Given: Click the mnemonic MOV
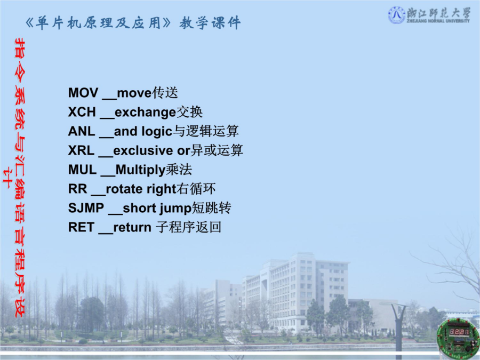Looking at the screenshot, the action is tap(83, 93).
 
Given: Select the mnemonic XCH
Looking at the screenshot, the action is tap(82, 112).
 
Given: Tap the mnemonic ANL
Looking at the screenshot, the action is tap(82, 131).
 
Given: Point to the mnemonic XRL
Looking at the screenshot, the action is tap(81, 150).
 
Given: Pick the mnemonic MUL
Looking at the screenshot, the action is tap(82, 170).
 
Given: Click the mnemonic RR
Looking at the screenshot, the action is tap(77, 189).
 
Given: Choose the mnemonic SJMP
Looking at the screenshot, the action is tap(86, 208).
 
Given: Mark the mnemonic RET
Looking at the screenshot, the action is tap(81, 227).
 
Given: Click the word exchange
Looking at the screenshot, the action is tap(145, 113).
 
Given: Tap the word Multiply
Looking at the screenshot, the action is tap(140, 170).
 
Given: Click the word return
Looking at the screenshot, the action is tap(132, 227).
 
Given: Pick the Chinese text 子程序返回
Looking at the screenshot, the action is tap(188, 227).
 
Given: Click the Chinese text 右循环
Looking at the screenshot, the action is tap(196, 189).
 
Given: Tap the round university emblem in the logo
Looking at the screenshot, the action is tap(397, 15).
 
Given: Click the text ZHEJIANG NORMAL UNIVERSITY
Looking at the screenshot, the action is tap(438, 21).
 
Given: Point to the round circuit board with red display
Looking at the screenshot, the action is tap(458, 336).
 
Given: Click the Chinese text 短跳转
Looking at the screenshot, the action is tap(211, 208).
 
